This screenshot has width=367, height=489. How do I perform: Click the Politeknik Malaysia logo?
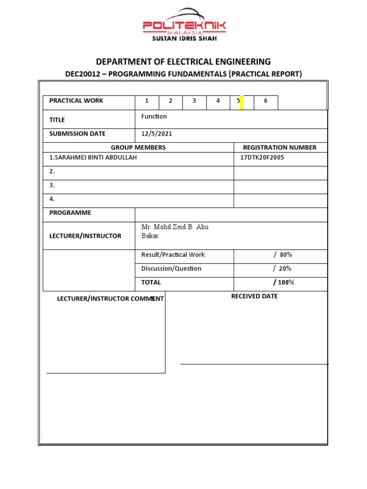click(x=184, y=25)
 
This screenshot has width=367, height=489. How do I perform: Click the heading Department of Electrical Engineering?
click(x=183, y=62)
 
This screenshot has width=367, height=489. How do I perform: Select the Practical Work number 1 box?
click(x=147, y=101)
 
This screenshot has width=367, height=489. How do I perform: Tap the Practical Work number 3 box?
click(x=194, y=101)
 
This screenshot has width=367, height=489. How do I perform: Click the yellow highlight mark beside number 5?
click(x=242, y=102)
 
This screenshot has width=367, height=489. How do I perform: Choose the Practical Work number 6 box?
click(x=266, y=101)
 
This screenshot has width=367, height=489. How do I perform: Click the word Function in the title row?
click(x=154, y=117)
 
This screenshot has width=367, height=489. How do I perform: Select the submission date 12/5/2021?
click(x=156, y=134)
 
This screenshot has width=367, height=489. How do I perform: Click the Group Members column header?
click(x=138, y=148)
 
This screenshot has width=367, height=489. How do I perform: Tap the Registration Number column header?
click(x=280, y=148)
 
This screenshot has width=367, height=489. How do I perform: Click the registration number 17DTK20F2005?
click(x=262, y=158)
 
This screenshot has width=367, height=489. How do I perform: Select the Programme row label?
click(x=70, y=213)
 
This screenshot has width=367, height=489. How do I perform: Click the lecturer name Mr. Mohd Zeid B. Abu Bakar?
click(x=174, y=231)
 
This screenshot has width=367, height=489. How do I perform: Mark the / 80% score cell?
click(x=282, y=255)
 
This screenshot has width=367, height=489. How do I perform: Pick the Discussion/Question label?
click(x=171, y=269)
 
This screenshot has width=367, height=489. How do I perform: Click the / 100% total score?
click(x=283, y=283)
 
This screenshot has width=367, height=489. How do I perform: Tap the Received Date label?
click(x=254, y=297)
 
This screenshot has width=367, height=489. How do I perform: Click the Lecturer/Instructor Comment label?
click(x=110, y=299)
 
